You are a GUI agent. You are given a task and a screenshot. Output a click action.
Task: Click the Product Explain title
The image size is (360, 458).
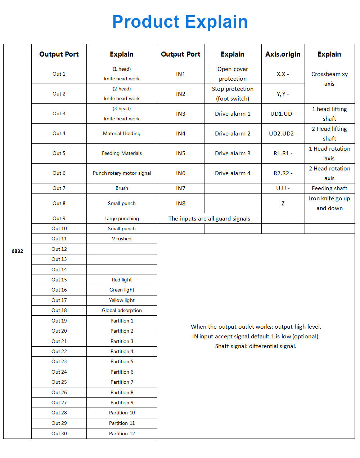pyautogui.click(x=180, y=22)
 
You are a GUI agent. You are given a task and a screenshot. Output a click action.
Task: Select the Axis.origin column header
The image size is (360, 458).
pyautogui.click(x=283, y=54)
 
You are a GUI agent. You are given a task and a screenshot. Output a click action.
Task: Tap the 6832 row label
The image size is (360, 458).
pyautogui.click(x=17, y=251)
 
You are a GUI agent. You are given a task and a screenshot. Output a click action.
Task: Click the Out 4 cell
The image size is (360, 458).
pyautogui.click(x=59, y=133)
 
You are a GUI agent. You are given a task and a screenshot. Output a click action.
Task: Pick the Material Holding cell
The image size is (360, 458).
pyautogui.click(x=122, y=133)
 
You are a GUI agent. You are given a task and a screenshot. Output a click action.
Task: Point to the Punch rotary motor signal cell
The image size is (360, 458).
pyautogui.click(x=122, y=173)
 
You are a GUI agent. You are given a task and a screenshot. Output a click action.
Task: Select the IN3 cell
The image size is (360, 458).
pyautogui.click(x=181, y=114)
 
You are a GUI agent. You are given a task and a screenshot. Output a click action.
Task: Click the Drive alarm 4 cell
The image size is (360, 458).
pyautogui.click(x=233, y=173)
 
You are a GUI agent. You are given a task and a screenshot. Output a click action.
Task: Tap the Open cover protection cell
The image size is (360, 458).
pyautogui.click(x=233, y=74)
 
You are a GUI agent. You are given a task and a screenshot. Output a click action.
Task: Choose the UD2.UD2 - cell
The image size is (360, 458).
pyautogui.click(x=283, y=133)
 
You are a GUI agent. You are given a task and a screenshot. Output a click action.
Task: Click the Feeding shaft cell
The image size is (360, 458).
pyautogui.click(x=329, y=188)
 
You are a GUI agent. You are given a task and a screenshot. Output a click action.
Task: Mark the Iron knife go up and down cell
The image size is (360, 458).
pyautogui.click(x=329, y=203)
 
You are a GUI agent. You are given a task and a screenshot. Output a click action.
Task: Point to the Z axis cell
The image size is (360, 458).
pyautogui.click(x=283, y=203)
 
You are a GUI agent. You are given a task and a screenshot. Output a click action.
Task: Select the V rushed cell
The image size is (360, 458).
pyautogui.click(x=122, y=239)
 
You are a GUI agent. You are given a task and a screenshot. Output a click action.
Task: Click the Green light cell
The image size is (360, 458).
pyautogui.click(x=122, y=290)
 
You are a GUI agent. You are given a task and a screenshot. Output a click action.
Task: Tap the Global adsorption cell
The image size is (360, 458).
pyautogui.click(x=122, y=310)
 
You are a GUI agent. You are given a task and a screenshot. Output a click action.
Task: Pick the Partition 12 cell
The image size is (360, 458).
pyautogui.click(x=122, y=433)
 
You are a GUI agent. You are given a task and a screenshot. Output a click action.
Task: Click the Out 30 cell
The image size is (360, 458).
pyautogui.click(x=59, y=433)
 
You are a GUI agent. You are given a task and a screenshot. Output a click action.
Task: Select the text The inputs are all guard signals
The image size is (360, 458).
pyautogui.click(x=209, y=218)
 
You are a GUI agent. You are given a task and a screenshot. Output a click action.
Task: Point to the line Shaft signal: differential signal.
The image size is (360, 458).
pyautogui.click(x=256, y=346)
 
